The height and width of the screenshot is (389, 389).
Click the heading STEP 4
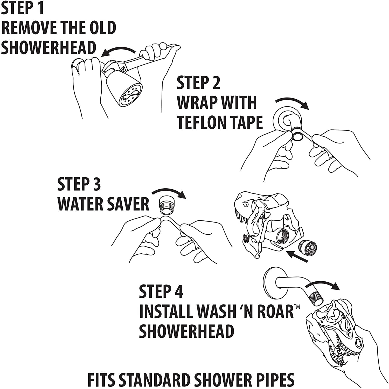pyautogui.click(x=161, y=291)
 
